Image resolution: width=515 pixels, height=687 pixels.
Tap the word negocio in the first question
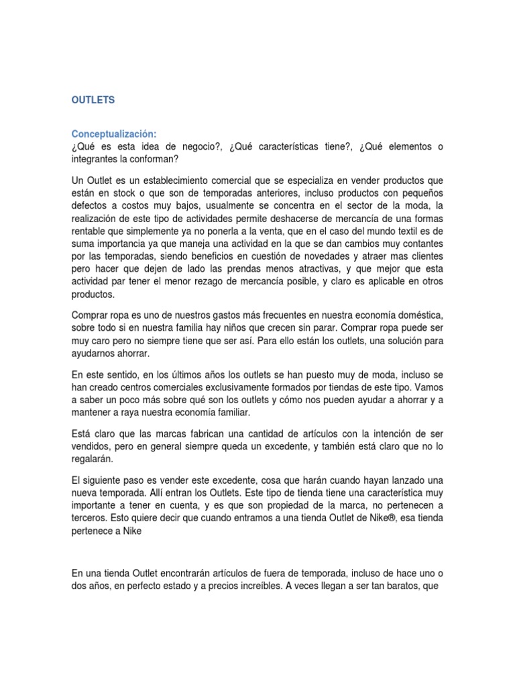pos(191,146)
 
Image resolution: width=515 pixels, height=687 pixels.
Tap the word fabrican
pos(205,435)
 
